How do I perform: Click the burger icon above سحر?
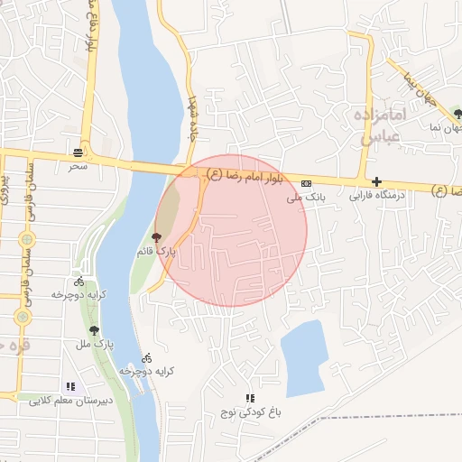(79, 152)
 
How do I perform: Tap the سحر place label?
(78, 166)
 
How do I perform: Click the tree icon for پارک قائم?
(158, 239)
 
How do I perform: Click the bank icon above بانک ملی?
(306, 182)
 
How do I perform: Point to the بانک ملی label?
(305, 195)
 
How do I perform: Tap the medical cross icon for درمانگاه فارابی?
(376, 181)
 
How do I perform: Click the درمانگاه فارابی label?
(374, 194)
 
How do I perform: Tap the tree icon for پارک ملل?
(94, 330)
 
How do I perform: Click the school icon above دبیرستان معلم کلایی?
(70, 386)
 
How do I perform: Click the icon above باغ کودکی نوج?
(250, 398)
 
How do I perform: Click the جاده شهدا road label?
(191, 117)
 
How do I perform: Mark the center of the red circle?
(231, 231)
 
